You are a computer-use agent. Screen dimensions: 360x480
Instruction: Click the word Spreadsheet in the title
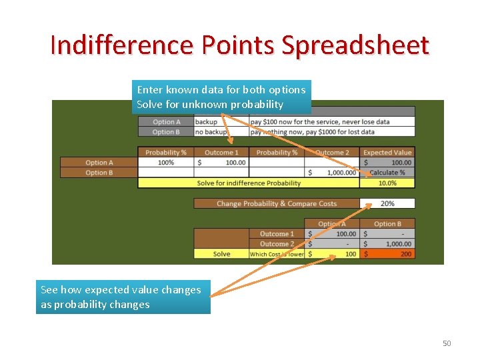pyautogui.click(x=355, y=45)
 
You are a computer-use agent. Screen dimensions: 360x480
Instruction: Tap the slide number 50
pyautogui.click(x=447, y=343)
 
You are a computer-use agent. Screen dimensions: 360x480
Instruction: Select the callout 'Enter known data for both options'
pyautogui.click(x=221, y=89)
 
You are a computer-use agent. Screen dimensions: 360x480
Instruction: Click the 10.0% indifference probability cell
pyautogui.click(x=387, y=183)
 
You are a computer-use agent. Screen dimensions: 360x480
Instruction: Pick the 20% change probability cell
pyautogui.click(x=387, y=203)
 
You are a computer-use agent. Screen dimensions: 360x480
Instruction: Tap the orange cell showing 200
pyautogui.click(x=387, y=254)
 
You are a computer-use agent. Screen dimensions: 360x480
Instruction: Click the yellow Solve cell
pyautogui.click(x=221, y=254)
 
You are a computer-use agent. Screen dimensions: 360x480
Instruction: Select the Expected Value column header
pyautogui.click(x=387, y=152)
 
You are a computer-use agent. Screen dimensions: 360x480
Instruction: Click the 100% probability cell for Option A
pyautogui.click(x=165, y=163)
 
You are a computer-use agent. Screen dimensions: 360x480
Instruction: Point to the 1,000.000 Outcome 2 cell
pyautogui.click(x=332, y=173)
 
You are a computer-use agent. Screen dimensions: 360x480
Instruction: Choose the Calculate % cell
pyautogui.click(x=387, y=173)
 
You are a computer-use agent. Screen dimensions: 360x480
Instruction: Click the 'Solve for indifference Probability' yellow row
pyautogui.click(x=249, y=183)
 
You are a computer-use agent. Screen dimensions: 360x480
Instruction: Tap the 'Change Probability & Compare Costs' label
pyautogui.click(x=276, y=203)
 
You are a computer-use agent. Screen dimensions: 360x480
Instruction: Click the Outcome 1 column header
pyautogui.click(x=221, y=152)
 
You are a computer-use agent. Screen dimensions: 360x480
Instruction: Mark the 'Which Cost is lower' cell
pyautogui.click(x=276, y=254)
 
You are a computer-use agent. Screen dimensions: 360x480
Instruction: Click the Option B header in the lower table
pyautogui.click(x=387, y=224)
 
